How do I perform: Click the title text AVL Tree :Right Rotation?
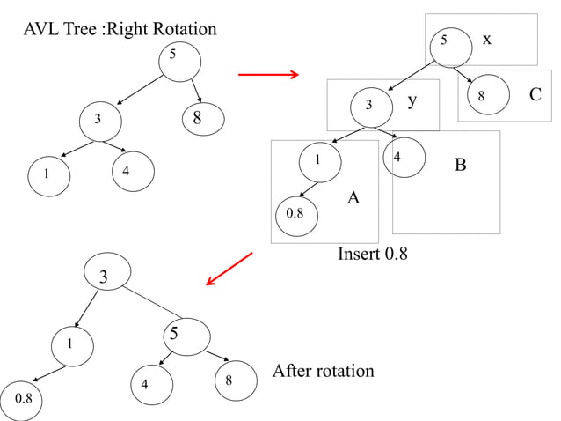120,29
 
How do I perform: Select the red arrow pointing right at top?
269,75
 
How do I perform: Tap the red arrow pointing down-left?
229,269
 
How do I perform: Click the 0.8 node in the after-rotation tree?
23,399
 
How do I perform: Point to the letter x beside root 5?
487,39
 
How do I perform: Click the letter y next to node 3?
411,102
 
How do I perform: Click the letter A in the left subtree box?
353,198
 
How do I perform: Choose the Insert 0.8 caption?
373,255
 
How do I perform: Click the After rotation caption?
323,371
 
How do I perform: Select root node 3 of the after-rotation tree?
104,277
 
